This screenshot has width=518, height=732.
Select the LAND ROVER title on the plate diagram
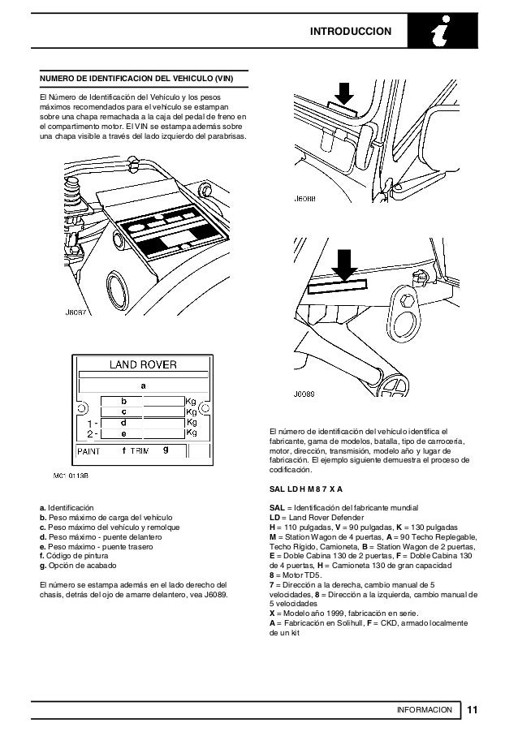(144, 365)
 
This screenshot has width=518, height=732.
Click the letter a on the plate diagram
(144, 385)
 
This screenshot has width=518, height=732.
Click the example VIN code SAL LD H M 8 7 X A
(305, 490)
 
